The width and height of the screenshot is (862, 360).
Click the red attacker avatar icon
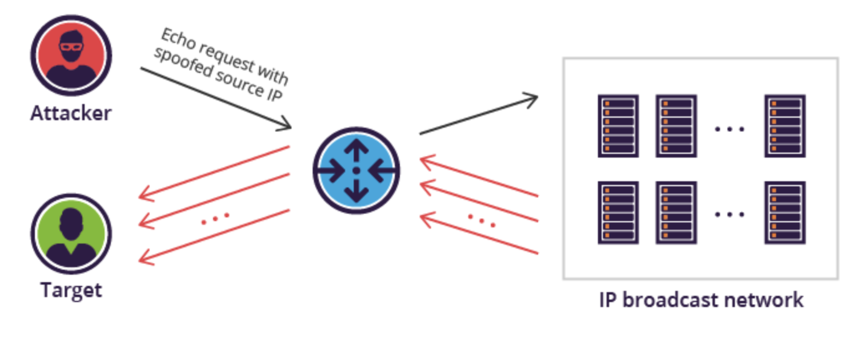click(71, 55)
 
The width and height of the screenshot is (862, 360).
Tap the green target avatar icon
click(71, 234)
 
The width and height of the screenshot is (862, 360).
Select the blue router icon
click(356, 170)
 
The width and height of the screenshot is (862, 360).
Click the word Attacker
click(71, 113)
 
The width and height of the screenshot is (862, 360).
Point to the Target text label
click(71, 290)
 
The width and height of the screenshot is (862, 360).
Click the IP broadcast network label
click(701, 300)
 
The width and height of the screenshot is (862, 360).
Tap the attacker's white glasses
click(71, 47)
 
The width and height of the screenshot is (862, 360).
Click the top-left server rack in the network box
click(618, 126)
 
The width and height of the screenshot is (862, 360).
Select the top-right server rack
click(785, 126)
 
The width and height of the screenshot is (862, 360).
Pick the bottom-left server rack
click(618, 212)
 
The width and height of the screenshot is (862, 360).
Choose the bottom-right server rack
click(785, 212)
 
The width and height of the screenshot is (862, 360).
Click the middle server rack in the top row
click(676, 126)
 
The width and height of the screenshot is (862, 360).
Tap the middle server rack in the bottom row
click(676, 212)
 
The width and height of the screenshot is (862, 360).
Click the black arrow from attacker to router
click(216, 98)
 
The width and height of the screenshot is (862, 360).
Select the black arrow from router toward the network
click(479, 114)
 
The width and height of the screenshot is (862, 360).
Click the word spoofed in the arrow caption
click(184, 62)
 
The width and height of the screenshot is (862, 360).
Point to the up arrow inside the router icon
click(356, 151)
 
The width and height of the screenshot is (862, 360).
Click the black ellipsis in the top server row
click(729, 129)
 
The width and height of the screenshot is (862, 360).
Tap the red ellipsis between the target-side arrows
click(215, 219)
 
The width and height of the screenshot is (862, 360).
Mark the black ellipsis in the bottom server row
click(729, 214)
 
